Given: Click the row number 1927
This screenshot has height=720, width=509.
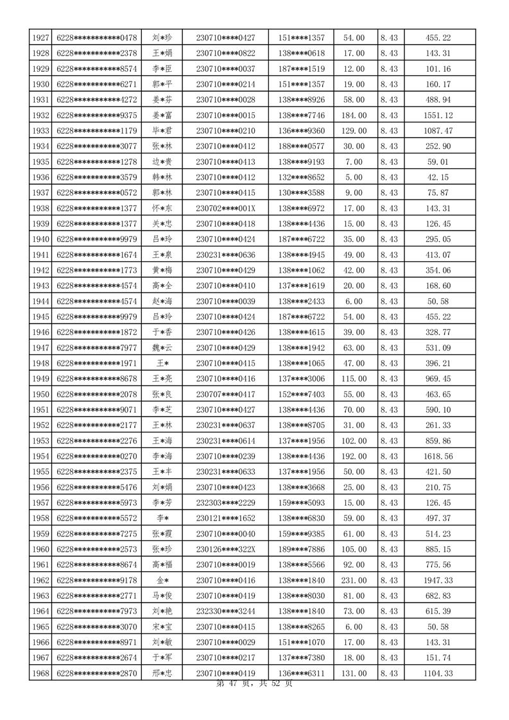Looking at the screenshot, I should pos(40,38).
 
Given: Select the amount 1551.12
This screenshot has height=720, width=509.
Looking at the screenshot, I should pos(438,116).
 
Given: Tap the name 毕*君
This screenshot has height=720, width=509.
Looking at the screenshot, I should pos(162,131).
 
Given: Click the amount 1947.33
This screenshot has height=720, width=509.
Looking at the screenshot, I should pos(438,580).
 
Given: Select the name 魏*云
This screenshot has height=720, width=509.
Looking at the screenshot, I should pos(162,348).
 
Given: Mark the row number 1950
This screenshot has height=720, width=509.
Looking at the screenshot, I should pos(40,394).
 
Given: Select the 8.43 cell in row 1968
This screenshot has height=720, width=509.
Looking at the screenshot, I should pos(389,673).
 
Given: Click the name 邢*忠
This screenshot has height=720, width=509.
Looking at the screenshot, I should pos(162,673).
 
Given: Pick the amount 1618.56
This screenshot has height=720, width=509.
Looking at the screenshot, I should pos(438,456).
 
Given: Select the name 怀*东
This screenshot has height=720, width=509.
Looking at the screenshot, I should pos(162,209).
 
